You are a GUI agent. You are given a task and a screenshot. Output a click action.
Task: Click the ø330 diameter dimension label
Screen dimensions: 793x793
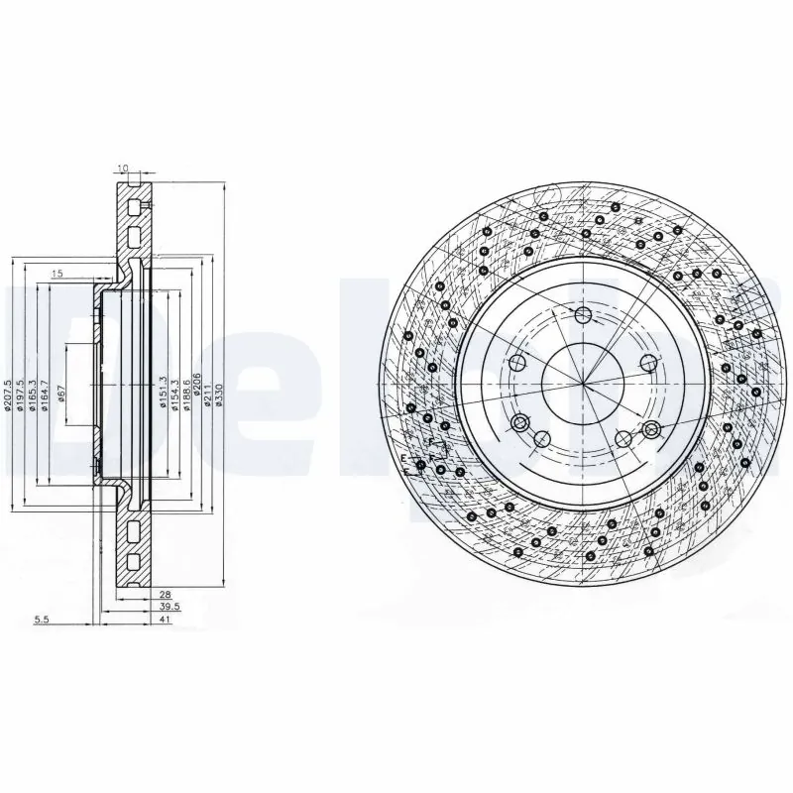[219, 394]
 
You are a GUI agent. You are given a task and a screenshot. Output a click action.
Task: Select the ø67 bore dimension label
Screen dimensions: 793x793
[61, 394]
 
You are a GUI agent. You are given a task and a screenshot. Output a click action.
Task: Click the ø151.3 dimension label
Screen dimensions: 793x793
[163, 394]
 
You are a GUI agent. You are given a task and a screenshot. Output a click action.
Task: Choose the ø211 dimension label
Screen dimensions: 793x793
[208, 394]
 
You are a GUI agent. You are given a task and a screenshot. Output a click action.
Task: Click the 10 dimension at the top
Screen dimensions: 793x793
[122, 170]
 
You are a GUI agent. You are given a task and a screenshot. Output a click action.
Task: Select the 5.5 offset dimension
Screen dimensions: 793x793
[42, 620]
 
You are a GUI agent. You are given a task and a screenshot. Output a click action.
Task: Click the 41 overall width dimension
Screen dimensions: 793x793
[165, 620]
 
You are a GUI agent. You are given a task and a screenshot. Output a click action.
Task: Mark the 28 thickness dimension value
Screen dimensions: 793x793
[165, 593]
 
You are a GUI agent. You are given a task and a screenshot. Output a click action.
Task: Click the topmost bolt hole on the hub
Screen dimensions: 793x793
[583, 315]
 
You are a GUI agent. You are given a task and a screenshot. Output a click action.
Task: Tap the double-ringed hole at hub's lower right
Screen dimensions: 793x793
[651, 429]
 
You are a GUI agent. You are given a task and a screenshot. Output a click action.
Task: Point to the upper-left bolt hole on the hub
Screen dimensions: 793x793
[515, 363]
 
